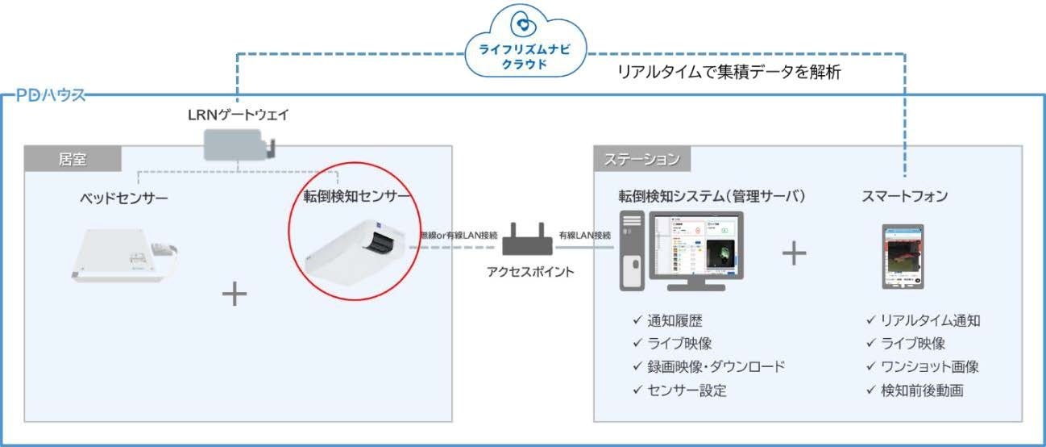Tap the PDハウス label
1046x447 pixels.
tap(49, 96)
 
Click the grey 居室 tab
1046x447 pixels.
tap(73, 159)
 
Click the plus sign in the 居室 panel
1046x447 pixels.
tap(235, 294)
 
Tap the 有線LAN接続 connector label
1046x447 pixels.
tap(586, 235)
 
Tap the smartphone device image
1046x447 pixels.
tap(903, 256)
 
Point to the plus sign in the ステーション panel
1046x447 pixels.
tap(794, 253)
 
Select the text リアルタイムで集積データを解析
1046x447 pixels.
tap(729, 73)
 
